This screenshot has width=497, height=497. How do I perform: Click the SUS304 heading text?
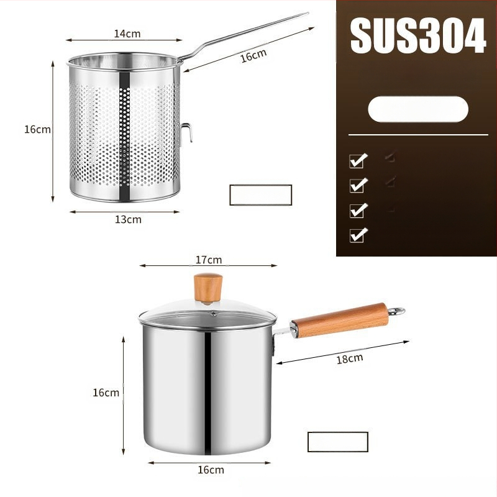pos(417,35)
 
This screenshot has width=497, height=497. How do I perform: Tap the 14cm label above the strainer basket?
pos(127,34)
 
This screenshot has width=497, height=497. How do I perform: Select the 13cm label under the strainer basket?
pos(128,219)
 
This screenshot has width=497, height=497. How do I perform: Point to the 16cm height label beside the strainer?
pos(37,129)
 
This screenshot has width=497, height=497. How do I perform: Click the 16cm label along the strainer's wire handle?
pos(253,55)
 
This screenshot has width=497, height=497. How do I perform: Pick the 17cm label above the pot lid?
pos(209,260)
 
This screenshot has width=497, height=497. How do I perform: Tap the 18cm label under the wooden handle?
pos(350,359)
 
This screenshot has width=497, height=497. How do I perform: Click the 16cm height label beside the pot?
pos(106,393)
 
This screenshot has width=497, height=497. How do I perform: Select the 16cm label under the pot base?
pos(211,470)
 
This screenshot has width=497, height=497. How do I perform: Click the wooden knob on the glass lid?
pos(208,288)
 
